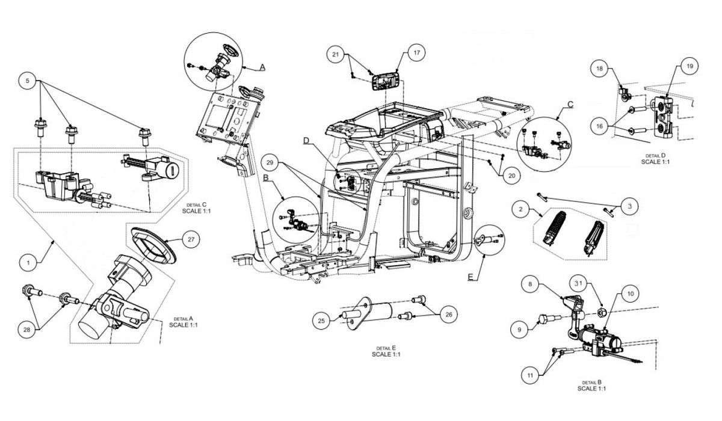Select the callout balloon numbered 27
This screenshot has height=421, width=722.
(x=190, y=239)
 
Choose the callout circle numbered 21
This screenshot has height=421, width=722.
(x=336, y=54)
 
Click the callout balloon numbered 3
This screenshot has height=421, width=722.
(x=629, y=206)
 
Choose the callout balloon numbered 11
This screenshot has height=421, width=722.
(x=530, y=375)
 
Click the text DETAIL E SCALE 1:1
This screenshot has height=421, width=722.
(x=386, y=351)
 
